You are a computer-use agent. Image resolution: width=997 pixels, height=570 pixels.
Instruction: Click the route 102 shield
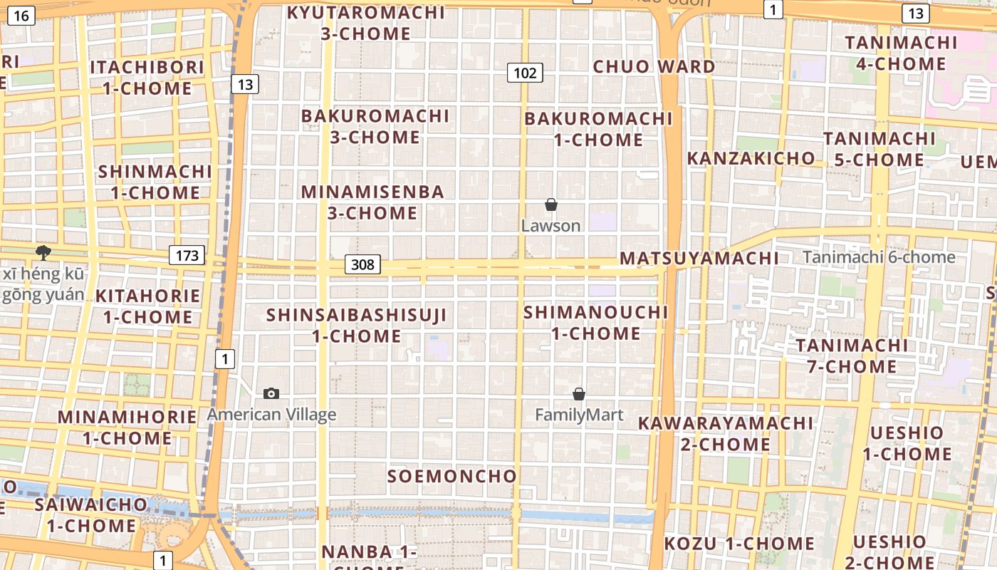525,72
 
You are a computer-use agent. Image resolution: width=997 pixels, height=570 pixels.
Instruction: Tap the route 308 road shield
362,264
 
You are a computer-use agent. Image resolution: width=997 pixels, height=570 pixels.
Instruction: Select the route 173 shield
187,255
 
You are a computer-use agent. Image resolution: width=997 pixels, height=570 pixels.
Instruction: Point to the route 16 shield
21,14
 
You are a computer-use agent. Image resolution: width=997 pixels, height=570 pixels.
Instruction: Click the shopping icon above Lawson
550,205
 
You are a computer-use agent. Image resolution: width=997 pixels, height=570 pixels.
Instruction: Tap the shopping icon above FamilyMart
579,394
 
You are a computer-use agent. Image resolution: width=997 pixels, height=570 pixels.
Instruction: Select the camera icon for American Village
271,393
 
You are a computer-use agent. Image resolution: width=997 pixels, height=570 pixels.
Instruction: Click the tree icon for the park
43,252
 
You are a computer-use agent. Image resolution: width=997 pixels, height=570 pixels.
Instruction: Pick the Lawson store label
550,226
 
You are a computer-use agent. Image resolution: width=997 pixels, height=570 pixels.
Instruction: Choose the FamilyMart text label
579,415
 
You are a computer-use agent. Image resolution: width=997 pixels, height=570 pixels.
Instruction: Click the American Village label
271,414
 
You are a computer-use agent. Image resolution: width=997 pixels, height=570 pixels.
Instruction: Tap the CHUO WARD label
654,67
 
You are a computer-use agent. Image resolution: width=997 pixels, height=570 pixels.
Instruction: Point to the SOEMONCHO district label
451,476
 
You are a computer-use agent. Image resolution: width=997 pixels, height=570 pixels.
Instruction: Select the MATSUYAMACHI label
699,258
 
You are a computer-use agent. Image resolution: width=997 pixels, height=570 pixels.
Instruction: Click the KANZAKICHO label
751,158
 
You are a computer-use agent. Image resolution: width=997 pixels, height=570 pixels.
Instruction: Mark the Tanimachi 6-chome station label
879,257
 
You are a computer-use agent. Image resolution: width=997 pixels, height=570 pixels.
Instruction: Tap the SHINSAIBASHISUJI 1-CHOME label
356,325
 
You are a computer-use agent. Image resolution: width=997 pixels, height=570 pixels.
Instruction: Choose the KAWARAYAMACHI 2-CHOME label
725,433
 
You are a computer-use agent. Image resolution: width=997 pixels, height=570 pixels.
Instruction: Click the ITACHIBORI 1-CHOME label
147,78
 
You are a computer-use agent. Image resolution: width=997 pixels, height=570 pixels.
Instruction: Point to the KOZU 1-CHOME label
738,544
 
